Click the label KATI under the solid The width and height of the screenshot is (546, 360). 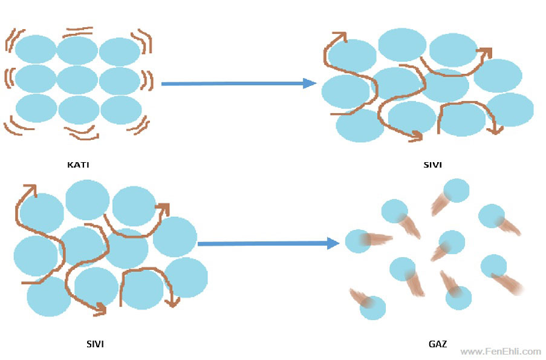click(x=78, y=164)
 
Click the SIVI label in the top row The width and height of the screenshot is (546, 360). click(x=433, y=164)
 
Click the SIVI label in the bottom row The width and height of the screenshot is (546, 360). click(x=95, y=344)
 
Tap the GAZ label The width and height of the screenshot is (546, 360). click(x=438, y=344)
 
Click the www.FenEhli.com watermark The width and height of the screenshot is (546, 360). click(x=500, y=352)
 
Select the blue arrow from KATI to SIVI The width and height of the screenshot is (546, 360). click(x=238, y=83)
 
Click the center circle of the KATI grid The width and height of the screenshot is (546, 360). click(x=77, y=80)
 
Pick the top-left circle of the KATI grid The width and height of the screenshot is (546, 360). click(x=36, y=50)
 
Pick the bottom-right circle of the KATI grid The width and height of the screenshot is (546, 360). click(x=121, y=110)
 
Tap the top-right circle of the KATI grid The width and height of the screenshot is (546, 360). click(x=120, y=51)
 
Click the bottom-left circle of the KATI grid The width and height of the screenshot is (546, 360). click(x=36, y=108)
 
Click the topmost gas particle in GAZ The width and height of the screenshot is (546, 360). click(x=457, y=190)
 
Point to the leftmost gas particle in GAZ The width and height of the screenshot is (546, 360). click(x=358, y=241)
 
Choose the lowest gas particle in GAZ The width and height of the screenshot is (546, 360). click(x=372, y=308)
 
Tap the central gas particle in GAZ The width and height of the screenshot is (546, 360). click(x=452, y=242)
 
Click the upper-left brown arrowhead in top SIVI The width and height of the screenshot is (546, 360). click(x=340, y=36)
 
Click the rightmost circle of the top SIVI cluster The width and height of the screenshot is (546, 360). click(x=511, y=110)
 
